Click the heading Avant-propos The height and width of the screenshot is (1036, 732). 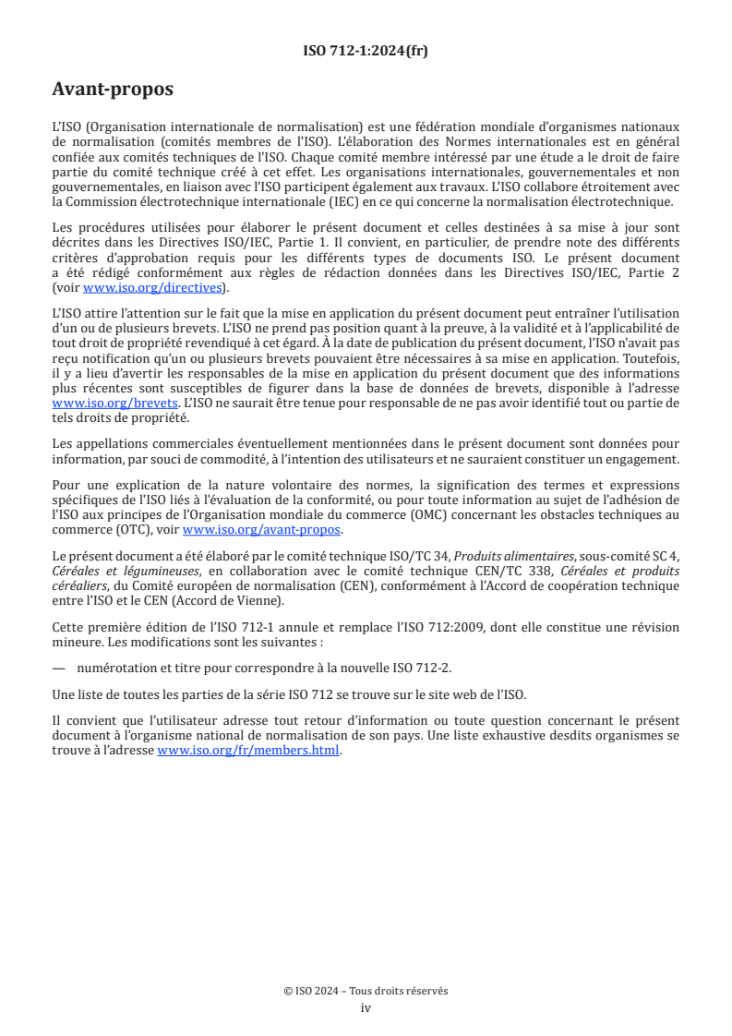113,90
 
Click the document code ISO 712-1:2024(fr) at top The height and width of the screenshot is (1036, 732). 366,51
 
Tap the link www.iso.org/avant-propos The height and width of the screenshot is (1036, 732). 262,530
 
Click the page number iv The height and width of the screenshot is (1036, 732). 366,1007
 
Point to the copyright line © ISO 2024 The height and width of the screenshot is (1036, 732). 366,991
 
